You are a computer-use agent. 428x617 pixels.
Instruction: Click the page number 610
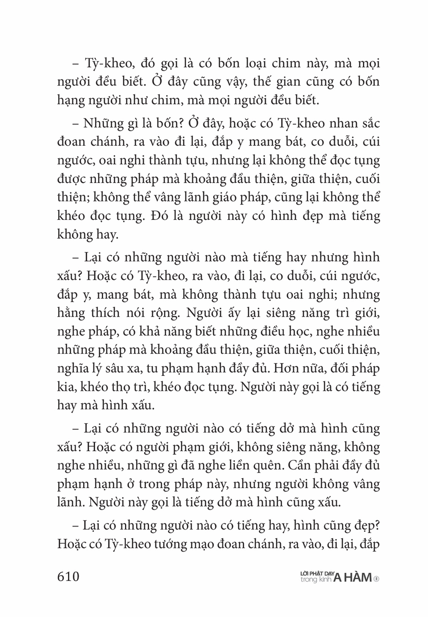pyautogui.click(x=68, y=576)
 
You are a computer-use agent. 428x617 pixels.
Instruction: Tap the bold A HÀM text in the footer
pyautogui.click(x=352, y=578)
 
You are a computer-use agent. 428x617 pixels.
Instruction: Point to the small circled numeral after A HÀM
pyautogui.click(x=376, y=578)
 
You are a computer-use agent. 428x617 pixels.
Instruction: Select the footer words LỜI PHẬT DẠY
pyautogui.click(x=317, y=573)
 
